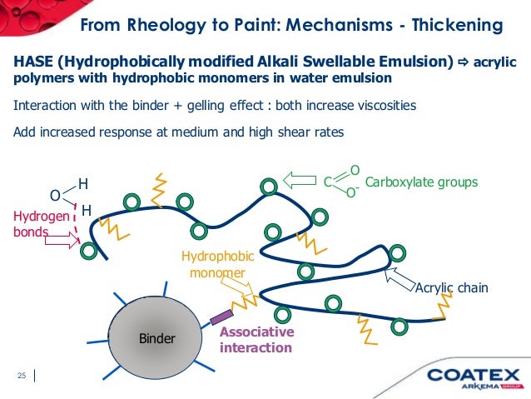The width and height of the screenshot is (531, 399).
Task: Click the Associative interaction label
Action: point(256,339)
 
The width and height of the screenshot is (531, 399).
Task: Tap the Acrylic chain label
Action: point(450,288)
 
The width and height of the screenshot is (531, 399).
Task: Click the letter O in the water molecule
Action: point(55,196)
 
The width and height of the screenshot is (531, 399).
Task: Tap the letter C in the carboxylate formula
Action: point(328,181)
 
